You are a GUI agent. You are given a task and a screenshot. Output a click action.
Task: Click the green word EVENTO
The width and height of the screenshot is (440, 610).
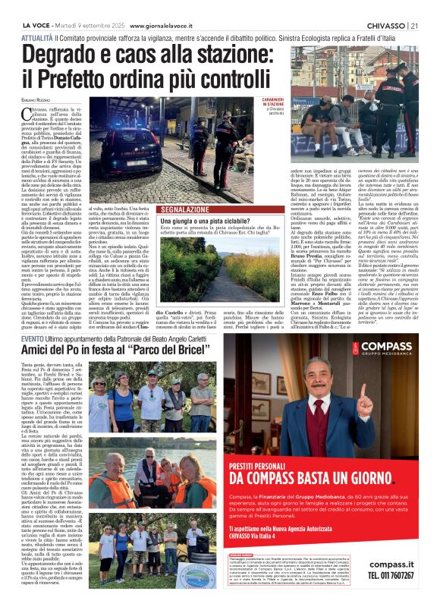32,338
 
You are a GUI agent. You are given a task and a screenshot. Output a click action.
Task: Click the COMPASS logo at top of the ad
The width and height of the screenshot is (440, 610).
397,350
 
